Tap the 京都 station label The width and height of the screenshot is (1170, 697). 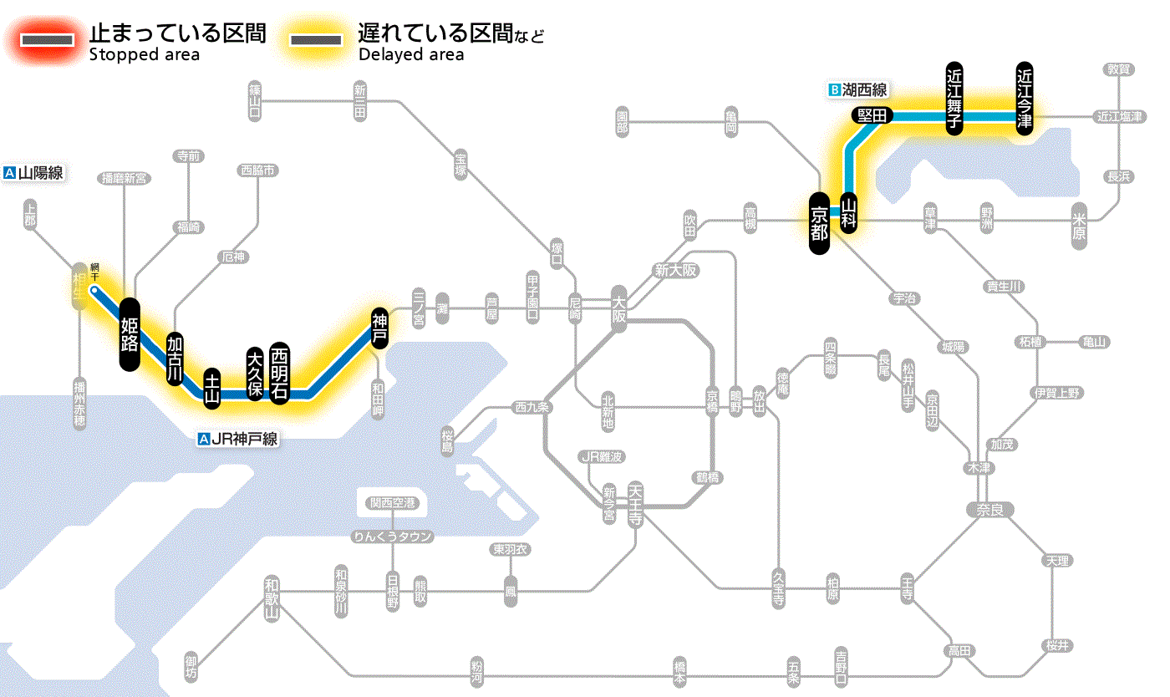[x=819, y=223]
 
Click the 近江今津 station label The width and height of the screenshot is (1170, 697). [x=1024, y=98]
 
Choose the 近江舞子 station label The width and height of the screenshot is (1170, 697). [x=954, y=98]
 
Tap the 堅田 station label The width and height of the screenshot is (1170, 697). [x=872, y=116]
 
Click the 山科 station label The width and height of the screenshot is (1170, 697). [x=849, y=213]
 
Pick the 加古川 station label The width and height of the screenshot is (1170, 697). [x=175, y=359]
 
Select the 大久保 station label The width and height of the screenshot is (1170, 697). [x=255, y=374]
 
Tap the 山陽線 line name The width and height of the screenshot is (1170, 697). [x=34, y=174]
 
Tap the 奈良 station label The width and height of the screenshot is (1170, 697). [x=989, y=509]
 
